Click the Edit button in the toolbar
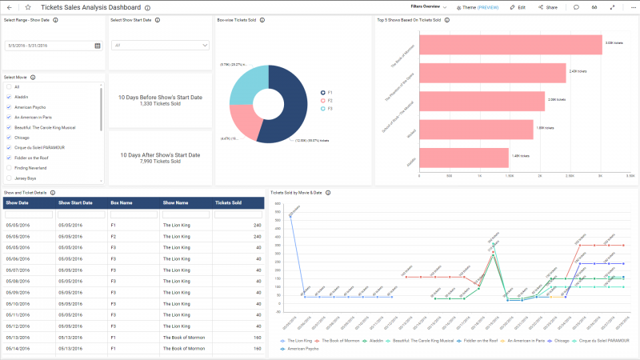coord(518,6)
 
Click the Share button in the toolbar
coord(547,6)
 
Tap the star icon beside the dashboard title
coord(27,6)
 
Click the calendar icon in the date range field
coord(98,46)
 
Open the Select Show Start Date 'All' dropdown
coord(161,46)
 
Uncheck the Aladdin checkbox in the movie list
coord(9,97)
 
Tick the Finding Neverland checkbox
coord(9,168)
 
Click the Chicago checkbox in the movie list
coord(9,138)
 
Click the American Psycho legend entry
coord(303,349)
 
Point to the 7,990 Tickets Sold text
coord(160,161)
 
